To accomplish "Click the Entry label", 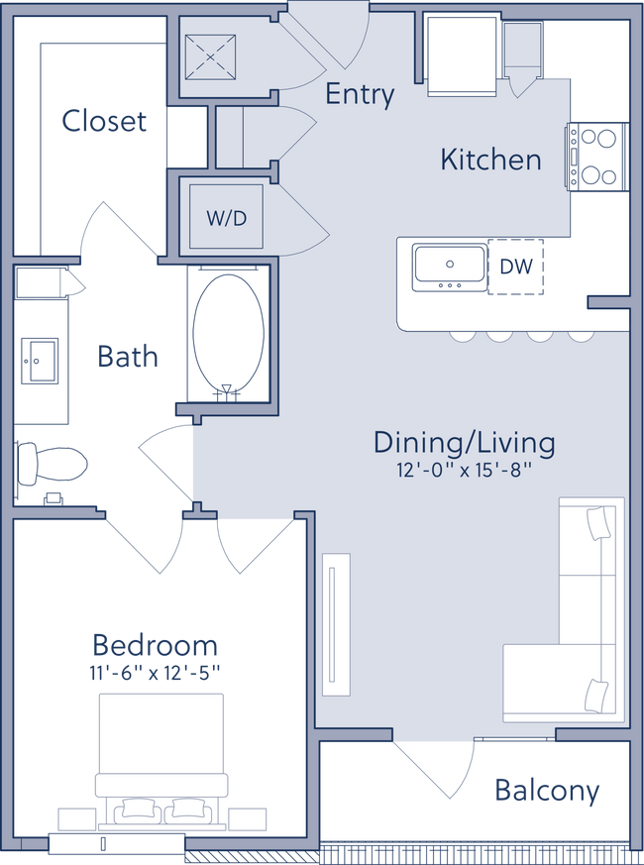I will [x=360, y=95].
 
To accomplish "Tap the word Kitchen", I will [x=490, y=160].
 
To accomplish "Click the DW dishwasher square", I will [x=516, y=266].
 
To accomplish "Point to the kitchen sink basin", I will [x=450, y=266].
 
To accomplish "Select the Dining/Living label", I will [x=464, y=442].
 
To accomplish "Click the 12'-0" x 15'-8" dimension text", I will [x=464, y=471].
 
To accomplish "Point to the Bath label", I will [x=128, y=355].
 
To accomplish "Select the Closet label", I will [x=103, y=123].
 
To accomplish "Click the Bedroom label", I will [x=155, y=646].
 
